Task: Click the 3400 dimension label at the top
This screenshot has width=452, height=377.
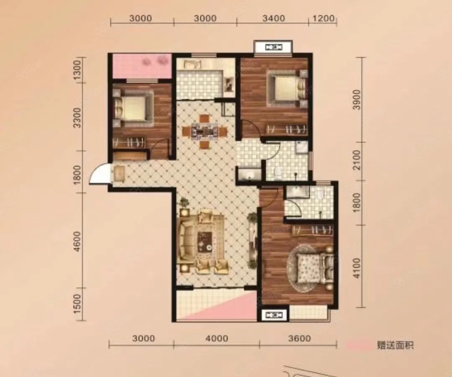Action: click(274, 18)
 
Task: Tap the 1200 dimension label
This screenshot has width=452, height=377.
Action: click(324, 18)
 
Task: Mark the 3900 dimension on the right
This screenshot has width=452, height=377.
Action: click(357, 100)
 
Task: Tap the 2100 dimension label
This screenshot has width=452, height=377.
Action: click(357, 160)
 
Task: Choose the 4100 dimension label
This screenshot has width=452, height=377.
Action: click(357, 268)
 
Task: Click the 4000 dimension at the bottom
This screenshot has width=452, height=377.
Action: click(217, 338)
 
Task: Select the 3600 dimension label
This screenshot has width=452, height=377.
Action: click(300, 338)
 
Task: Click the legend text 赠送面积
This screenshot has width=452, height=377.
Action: click(395, 345)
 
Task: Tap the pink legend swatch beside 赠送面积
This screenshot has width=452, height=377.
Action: click(360, 345)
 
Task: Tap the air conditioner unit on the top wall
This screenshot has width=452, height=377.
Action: click(273, 47)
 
